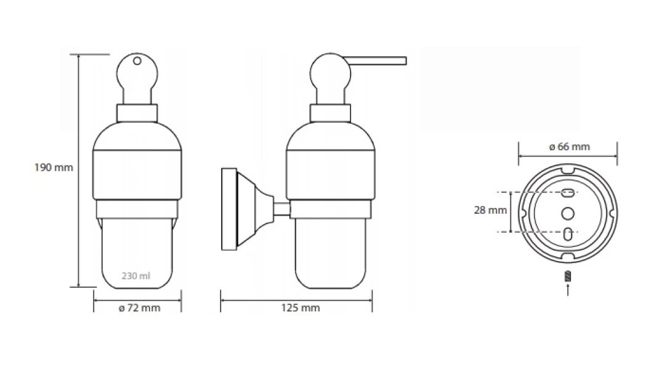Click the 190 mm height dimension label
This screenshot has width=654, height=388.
click(54, 168)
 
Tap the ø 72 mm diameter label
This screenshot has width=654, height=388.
click(139, 308)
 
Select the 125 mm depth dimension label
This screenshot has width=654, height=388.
click(301, 308)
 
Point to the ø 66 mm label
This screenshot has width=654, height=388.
click(570, 147)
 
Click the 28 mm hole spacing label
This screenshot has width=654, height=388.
click(490, 210)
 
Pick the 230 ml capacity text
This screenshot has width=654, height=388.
click(136, 276)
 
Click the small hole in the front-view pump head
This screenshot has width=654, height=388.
click(137, 62)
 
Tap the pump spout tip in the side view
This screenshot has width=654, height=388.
click(405, 61)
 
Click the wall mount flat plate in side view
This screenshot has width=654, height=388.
click(229, 209)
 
